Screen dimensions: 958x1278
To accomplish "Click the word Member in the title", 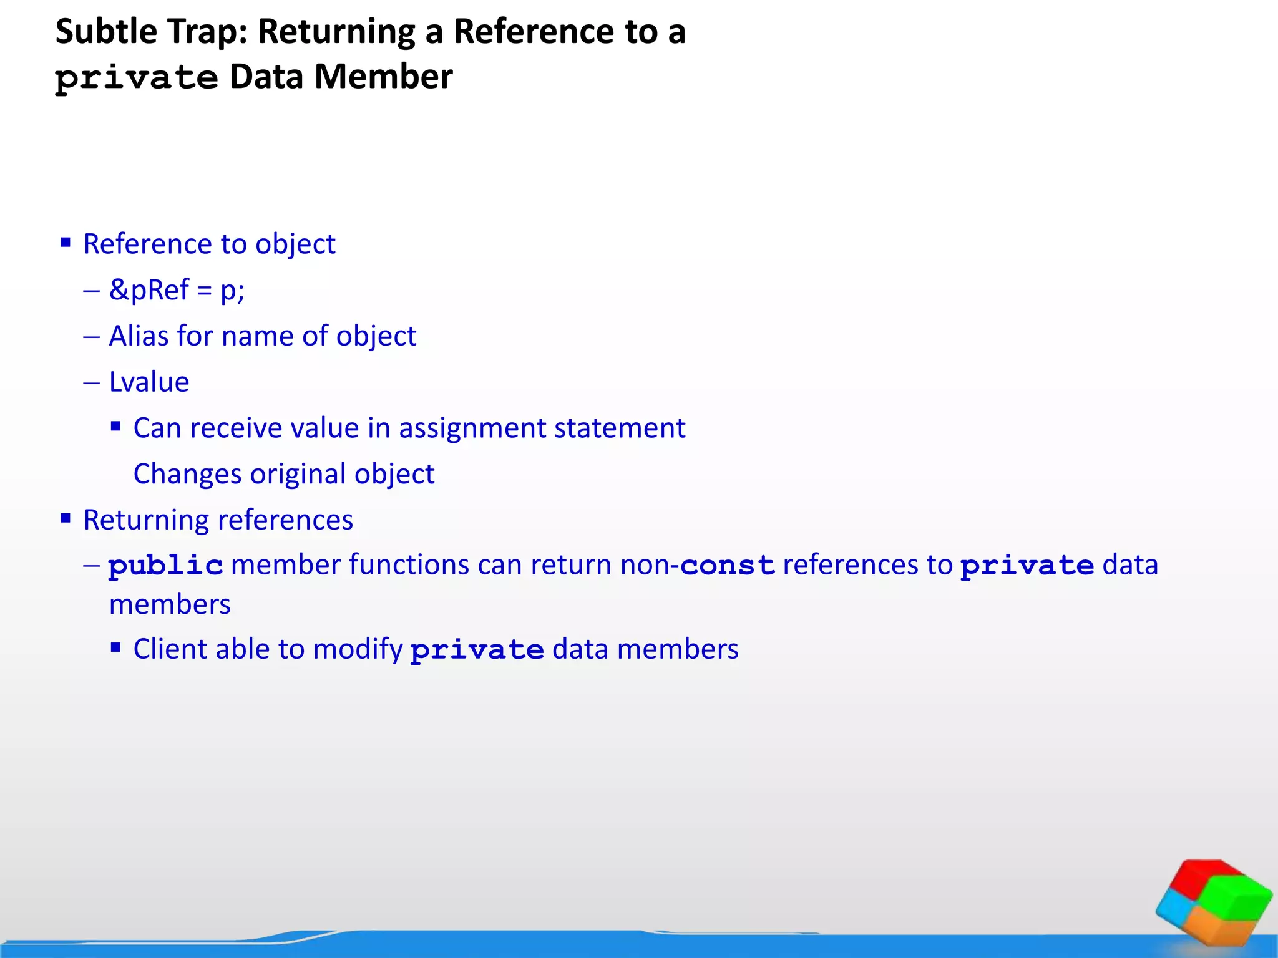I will point(383,77).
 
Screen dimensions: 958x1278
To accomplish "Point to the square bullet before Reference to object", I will point(66,242).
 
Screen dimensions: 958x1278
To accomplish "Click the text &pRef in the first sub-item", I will point(149,290).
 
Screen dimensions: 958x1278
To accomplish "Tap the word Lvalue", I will point(149,382).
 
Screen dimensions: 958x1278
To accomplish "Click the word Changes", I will point(187,474).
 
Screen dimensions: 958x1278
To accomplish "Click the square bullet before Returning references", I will point(66,518).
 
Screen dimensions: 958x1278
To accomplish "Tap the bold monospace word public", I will point(165,566).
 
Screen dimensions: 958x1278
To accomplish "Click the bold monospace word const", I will point(727,566).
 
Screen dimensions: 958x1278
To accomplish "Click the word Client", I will point(170,649).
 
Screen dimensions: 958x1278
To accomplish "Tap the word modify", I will point(358,650).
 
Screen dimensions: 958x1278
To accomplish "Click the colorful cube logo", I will point(1213,902).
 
